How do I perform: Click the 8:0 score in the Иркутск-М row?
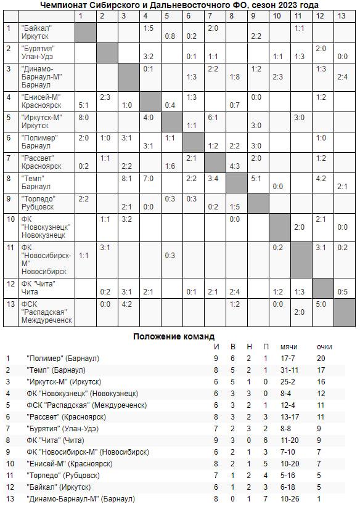tap(83, 117)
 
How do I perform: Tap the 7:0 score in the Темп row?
tap(148, 178)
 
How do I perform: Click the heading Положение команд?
tap(174, 336)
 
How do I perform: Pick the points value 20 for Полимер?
tap(321, 358)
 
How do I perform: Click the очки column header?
tap(323, 346)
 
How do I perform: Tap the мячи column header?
tap(288, 346)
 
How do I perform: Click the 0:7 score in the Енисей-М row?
tap(234, 105)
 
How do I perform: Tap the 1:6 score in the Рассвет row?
tap(170, 166)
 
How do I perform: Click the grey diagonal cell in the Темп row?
tap(234, 182)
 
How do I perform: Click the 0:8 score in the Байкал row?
tap(170, 36)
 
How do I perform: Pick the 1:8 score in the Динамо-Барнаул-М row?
tap(234, 77)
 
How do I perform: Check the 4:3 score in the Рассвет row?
tap(234, 166)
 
